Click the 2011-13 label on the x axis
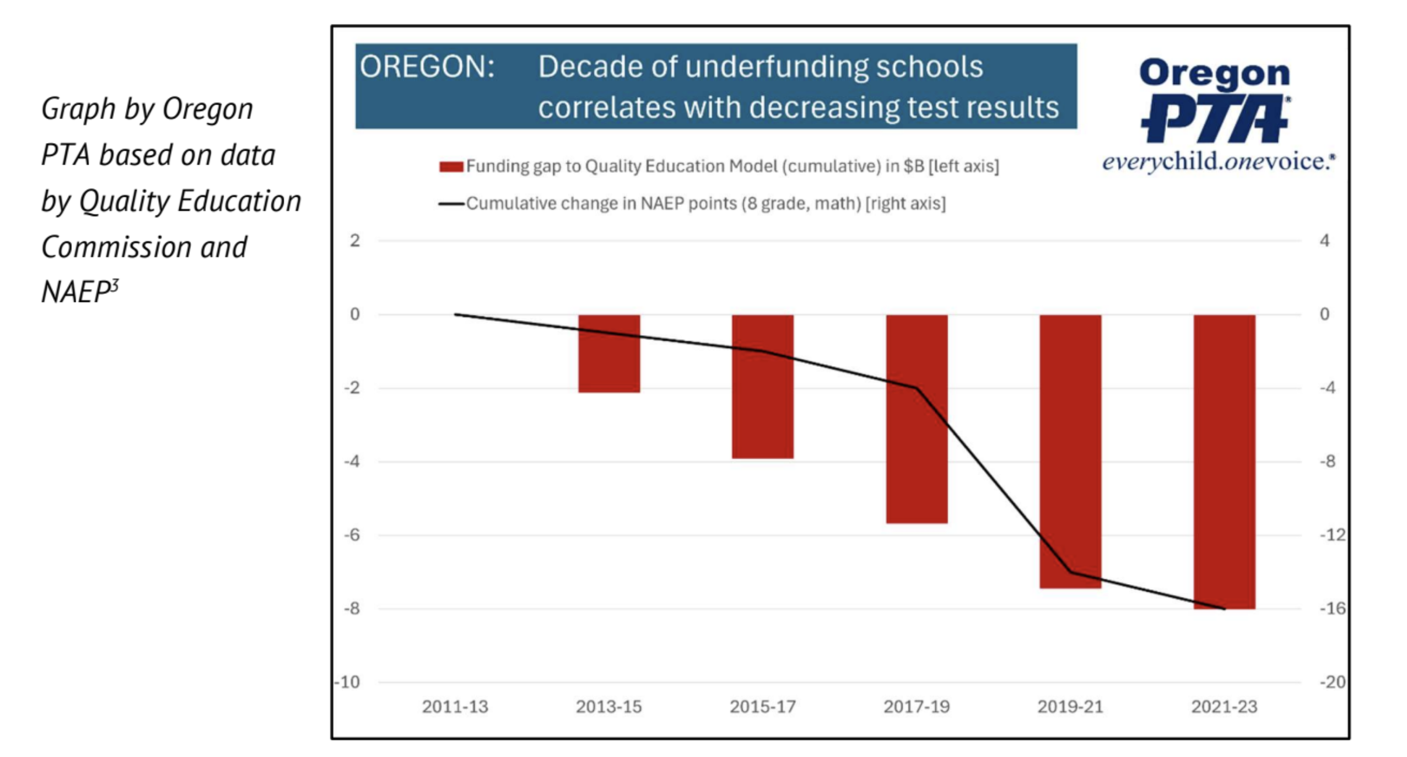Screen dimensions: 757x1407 tap(455, 707)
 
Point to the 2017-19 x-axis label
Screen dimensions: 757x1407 tap(916, 707)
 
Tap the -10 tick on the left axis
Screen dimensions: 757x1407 tap(348, 682)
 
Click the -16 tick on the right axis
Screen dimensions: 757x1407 tap(1332, 609)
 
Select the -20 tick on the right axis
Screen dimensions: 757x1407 tap(1332, 682)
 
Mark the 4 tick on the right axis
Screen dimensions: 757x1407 tap(1324, 241)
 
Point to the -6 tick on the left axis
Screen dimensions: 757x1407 tap(351, 535)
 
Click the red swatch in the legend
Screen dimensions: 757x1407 tap(451, 167)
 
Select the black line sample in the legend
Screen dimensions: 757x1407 tap(451, 204)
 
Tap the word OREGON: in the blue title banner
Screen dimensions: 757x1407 tap(427, 67)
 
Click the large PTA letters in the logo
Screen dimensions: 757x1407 tap(1214, 119)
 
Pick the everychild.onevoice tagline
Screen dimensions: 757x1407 tap(1218, 161)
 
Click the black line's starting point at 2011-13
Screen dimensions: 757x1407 tap(455, 314)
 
